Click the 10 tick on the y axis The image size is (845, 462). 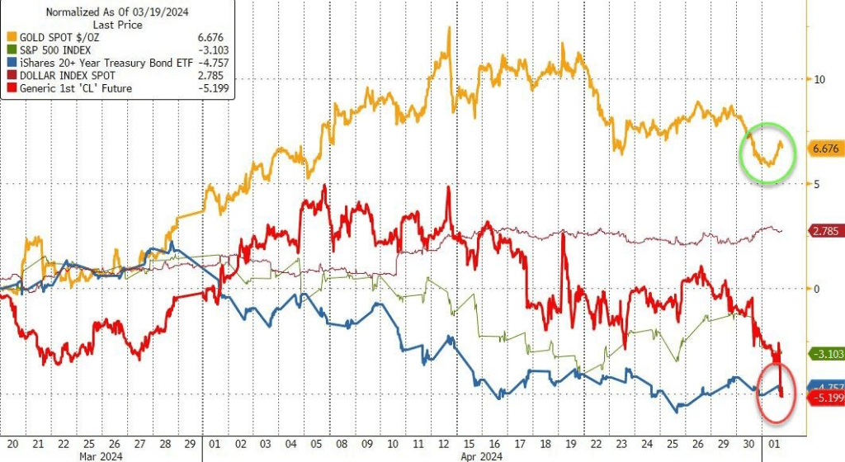[x=819, y=80]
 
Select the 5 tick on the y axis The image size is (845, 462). [x=817, y=184]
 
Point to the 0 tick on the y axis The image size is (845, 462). [x=817, y=289]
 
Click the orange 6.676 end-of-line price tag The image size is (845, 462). [x=826, y=149]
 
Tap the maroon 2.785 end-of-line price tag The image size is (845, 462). [x=826, y=231]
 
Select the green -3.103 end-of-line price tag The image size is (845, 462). [x=826, y=354]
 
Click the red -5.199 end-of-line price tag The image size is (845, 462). [x=826, y=398]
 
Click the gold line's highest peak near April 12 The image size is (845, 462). [x=448, y=29]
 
